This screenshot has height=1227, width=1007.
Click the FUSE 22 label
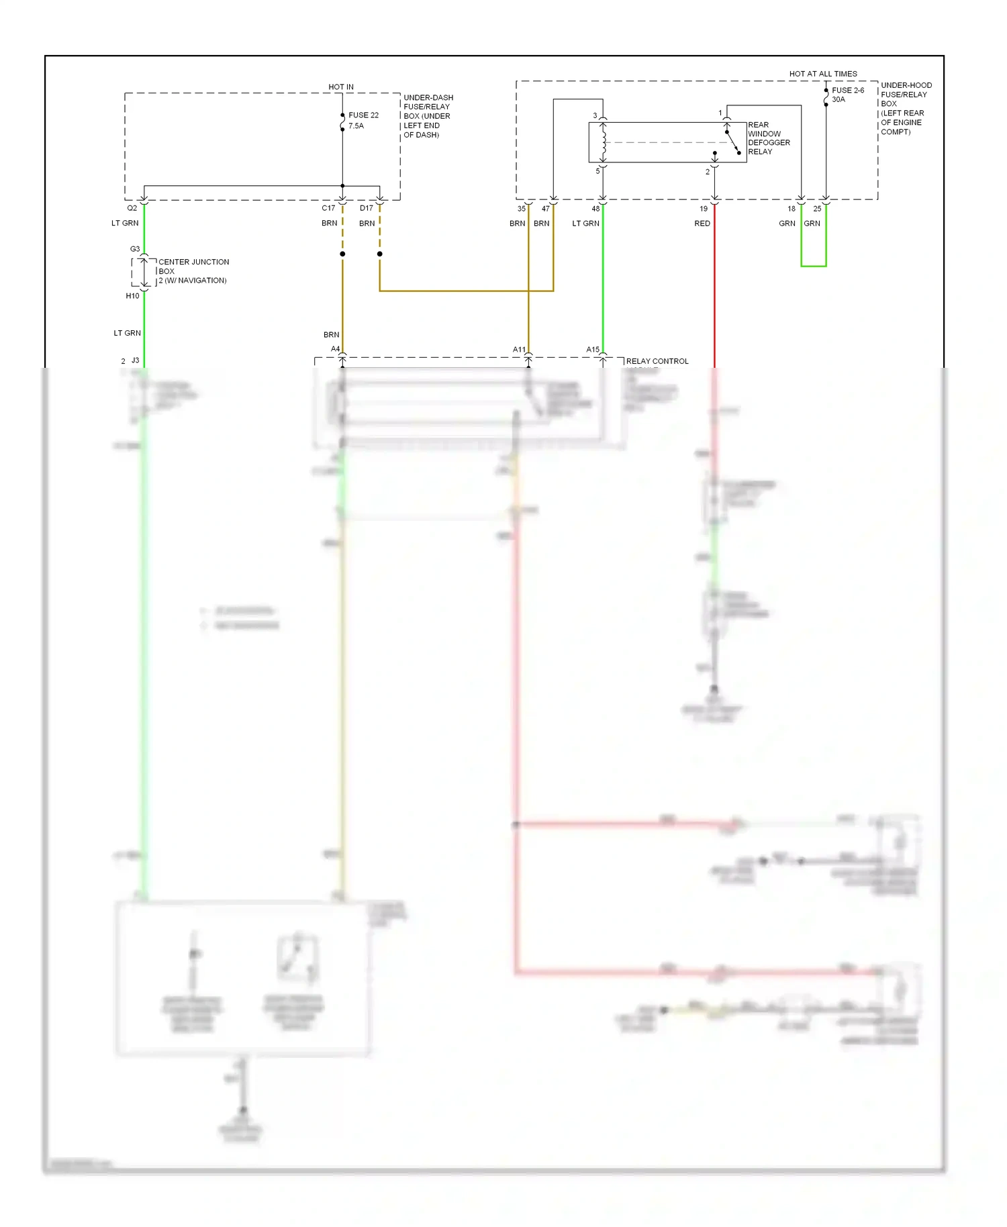click(363, 115)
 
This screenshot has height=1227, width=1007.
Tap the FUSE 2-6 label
click(848, 90)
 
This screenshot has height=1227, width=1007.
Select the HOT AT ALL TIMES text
click(823, 74)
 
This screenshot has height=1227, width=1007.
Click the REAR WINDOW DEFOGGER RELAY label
click(769, 138)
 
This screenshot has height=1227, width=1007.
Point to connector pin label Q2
click(132, 208)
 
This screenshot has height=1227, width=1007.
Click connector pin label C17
click(328, 208)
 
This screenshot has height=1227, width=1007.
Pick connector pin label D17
click(367, 208)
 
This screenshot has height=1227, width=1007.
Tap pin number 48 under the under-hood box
click(595, 209)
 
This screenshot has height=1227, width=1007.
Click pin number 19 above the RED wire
click(704, 209)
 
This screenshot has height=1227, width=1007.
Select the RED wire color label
click(702, 224)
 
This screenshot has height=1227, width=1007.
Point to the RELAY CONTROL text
click(657, 361)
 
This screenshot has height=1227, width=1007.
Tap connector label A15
click(593, 350)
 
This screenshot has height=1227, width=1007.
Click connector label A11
click(519, 350)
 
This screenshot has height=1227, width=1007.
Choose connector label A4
click(335, 349)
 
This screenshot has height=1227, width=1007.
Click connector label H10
click(133, 296)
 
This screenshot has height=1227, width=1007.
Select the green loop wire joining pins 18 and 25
click(814, 266)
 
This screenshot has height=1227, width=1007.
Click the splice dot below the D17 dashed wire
click(380, 254)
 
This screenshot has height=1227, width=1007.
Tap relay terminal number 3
click(595, 115)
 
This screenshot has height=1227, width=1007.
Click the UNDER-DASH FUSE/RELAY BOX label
click(428, 116)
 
